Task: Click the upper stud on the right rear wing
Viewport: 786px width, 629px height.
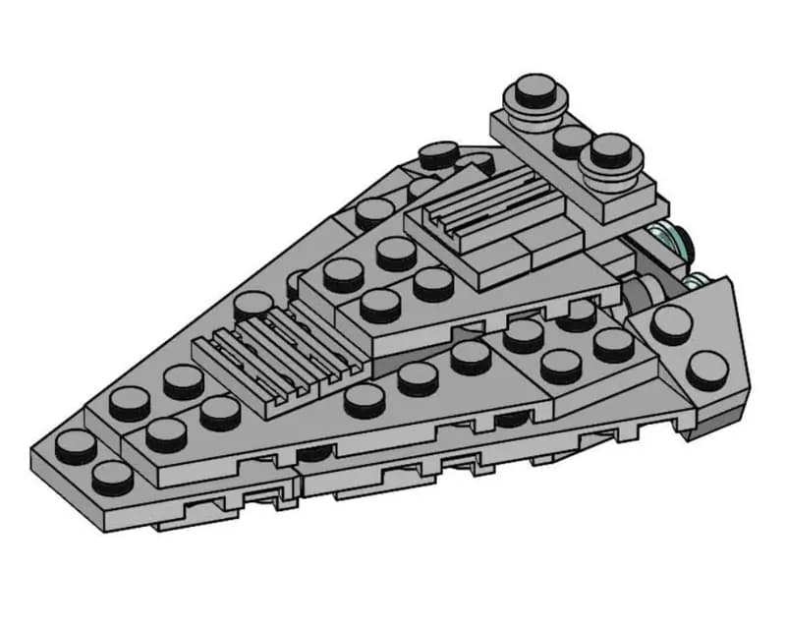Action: (671, 323)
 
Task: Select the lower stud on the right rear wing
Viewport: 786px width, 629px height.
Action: (707, 370)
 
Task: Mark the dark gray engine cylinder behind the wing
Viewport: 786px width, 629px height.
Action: (644, 291)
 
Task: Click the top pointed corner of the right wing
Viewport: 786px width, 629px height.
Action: (729, 280)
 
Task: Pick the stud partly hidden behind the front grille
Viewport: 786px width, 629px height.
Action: (252, 305)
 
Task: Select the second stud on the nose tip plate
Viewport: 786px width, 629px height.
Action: (112, 477)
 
